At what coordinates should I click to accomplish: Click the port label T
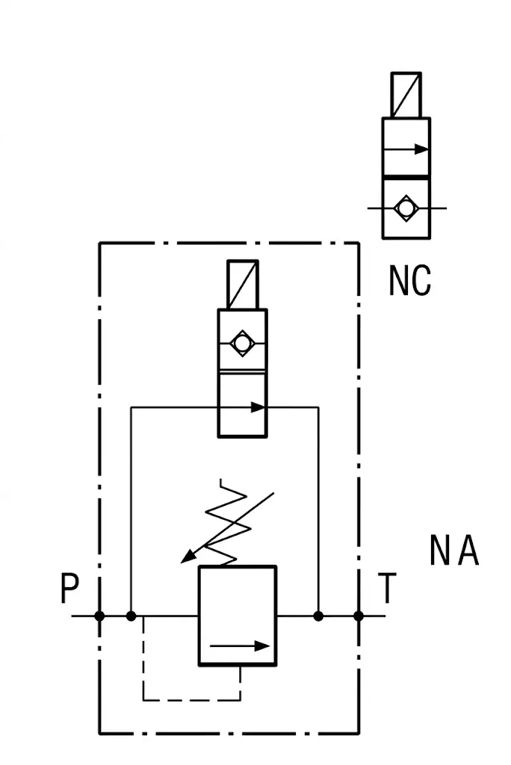387,588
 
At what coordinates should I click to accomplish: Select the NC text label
410,280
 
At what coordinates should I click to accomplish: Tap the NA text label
454,550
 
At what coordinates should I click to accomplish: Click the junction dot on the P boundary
99,616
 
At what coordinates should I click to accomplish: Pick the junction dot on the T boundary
359,616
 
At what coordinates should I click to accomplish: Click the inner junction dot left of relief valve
131,616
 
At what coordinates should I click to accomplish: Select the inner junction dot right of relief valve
318,616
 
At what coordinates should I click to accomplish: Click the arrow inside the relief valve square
240,646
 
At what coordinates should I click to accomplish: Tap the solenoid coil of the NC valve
406,95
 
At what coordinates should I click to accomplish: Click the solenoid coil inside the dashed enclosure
243,285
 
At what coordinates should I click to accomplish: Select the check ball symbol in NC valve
406,208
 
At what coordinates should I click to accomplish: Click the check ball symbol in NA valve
242,344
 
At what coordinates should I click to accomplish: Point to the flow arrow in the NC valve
406,149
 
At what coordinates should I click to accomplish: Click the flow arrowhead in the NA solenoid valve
258,407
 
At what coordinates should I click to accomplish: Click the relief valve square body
238,616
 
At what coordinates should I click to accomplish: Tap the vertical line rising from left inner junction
131,511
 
